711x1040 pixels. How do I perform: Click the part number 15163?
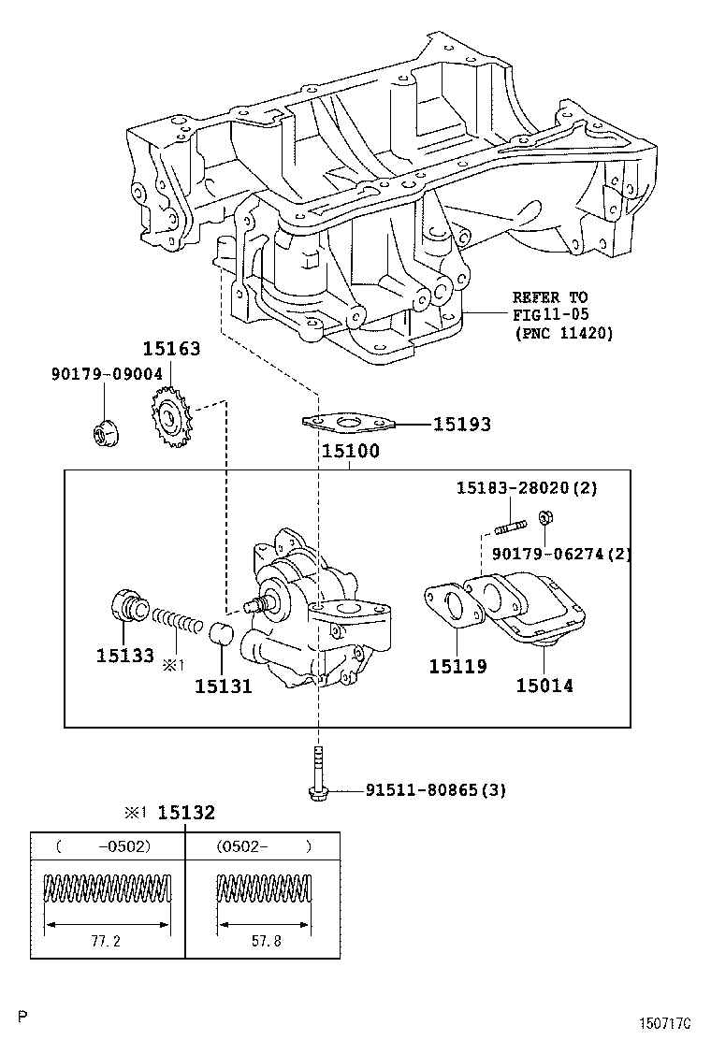171,350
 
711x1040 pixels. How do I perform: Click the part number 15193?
461,425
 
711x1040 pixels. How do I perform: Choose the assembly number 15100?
351,451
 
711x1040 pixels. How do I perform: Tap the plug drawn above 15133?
127,606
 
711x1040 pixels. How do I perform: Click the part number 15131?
224,686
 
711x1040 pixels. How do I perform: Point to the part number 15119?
457,667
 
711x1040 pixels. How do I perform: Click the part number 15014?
544,686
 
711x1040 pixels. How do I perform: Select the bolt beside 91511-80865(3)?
318,775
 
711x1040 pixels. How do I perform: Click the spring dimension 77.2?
108,942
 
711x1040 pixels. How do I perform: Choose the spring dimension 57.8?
263,942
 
